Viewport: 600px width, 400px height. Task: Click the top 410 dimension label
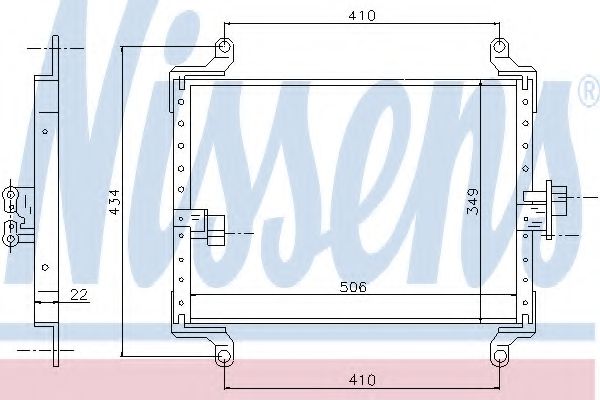point(362,16)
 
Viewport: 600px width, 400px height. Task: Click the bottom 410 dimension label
point(362,380)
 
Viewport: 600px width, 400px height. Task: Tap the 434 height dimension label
point(114,202)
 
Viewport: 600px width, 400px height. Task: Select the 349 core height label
point(473,201)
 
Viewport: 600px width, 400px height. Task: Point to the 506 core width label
point(353,287)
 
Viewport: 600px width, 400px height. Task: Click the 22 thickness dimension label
point(79,294)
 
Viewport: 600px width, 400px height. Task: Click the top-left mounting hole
point(225,47)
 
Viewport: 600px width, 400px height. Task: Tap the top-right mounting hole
point(499,47)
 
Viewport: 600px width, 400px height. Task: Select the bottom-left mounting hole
point(224,356)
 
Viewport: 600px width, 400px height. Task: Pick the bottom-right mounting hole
point(499,356)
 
